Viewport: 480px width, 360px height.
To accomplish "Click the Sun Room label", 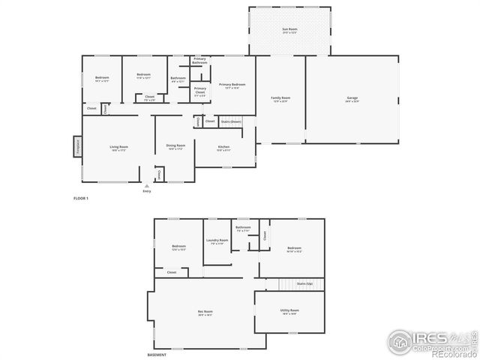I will coord(289,30).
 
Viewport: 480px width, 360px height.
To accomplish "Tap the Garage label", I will coord(352,99).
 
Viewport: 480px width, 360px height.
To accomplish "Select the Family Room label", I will coord(280,99).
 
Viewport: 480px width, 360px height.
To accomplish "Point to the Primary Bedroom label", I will coord(232,85).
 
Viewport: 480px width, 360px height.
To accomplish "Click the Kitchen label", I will coord(223,147).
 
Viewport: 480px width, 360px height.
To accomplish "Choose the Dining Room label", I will coord(175,147).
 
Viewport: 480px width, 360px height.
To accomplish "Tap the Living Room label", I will coord(118,147).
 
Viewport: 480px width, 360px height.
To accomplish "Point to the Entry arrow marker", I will coord(147,186).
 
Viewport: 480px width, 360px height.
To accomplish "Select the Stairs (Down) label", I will coord(230,121).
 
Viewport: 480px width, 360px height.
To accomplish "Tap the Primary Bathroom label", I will coord(199,61).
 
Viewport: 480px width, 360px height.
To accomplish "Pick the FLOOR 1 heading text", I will coord(81,198).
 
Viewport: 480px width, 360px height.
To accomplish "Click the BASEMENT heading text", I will coord(157,355).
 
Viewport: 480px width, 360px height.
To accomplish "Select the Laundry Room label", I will coord(217,241).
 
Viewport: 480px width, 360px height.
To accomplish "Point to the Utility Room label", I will coord(290,310).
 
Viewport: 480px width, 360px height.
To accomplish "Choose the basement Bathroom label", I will coord(243,229).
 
